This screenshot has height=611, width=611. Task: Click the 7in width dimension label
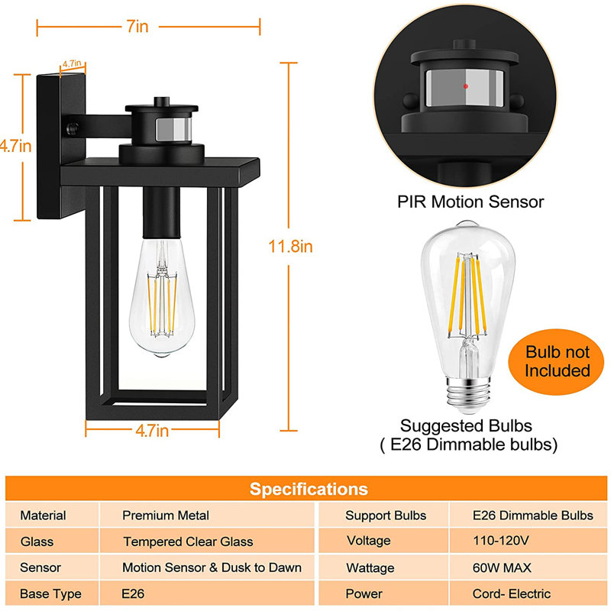click(137, 27)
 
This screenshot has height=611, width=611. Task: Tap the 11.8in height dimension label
click(290, 247)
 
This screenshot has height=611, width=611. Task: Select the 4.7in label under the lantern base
click(152, 431)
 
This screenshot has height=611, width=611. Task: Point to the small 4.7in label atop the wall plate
click(72, 63)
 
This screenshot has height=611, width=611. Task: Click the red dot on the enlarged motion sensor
click(466, 86)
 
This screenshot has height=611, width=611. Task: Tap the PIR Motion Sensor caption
click(470, 202)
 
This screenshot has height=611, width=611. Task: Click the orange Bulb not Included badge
click(557, 361)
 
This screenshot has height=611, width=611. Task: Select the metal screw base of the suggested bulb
click(469, 395)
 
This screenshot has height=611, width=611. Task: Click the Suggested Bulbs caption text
click(466, 426)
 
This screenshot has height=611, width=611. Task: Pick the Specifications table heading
click(309, 489)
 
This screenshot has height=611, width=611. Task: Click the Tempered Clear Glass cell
click(188, 541)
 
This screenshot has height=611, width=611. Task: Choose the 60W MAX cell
click(502, 567)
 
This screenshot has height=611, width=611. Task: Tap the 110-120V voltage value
click(501, 541)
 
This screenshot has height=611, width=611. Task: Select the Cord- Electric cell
click(512, 593)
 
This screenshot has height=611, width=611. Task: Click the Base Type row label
click(50, 594)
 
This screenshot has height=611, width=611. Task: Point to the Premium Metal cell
click(166, 515)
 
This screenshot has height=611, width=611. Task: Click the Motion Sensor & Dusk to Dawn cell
click(212, 567)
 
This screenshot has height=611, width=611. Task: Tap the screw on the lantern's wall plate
click(72, 128)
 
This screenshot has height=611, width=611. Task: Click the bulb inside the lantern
click(162, 297)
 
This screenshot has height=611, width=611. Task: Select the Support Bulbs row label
click(386, 515)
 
